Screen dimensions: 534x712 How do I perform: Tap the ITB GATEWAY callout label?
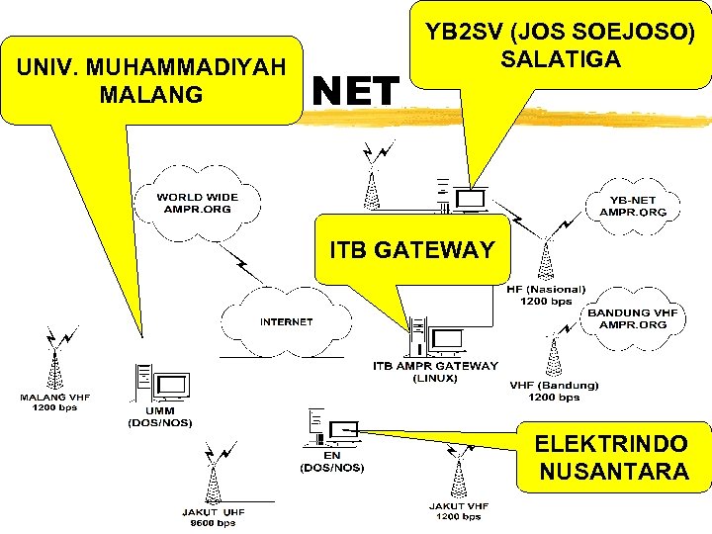(x=411, y=249)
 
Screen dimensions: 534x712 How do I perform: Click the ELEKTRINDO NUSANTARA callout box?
(x=612, y=457)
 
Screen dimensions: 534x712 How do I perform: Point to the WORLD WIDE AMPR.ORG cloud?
(x=197, y=204)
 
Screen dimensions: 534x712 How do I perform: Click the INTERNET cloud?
(x=286, y=321)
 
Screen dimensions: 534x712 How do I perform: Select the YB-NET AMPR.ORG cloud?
(x=633, y=206)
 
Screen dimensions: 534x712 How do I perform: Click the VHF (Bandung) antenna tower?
(x=553, y=357)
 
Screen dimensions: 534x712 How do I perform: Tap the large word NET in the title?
(x=356, y=92)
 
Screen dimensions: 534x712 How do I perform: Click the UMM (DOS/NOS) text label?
(x=159, y=416)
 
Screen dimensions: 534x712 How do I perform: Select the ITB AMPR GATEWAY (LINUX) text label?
(x=435, y=372)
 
